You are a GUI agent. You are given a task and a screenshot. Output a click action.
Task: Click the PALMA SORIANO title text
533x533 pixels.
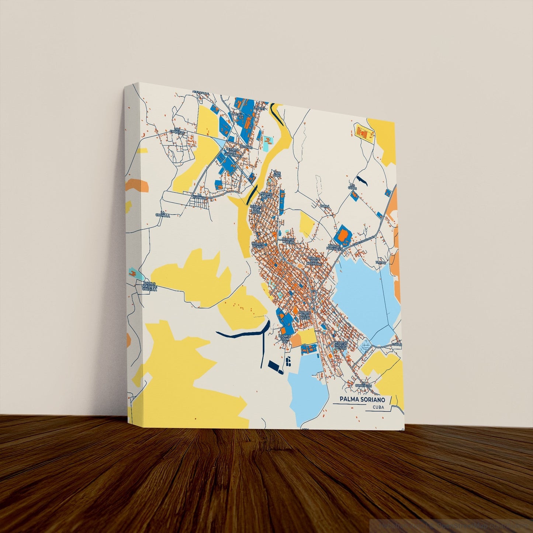(362, 399)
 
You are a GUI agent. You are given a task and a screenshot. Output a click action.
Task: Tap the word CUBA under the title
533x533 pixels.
(378, 407)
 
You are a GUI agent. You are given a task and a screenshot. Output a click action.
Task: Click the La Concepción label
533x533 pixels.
(363, 385)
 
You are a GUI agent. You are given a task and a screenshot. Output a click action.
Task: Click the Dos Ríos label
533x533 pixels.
(245, 147)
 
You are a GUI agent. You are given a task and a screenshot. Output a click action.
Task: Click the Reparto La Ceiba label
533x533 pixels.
(288, 240)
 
